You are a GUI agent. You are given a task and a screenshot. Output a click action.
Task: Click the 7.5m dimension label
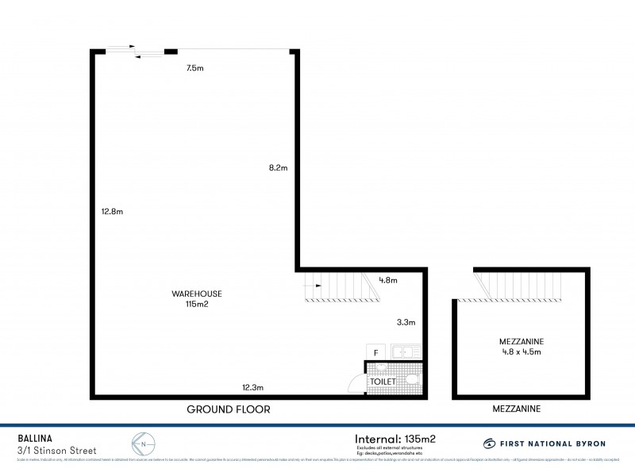coord(195,69)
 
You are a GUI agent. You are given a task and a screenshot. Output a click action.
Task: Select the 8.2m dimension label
coord(278,167)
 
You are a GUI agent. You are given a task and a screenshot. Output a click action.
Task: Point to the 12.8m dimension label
coord(112,212)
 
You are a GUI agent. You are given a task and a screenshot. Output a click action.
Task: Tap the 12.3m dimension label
coord(253,387)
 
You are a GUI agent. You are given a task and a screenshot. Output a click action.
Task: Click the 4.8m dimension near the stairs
coord(388,280)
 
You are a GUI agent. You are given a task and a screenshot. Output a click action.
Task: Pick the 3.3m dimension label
coord(406,323)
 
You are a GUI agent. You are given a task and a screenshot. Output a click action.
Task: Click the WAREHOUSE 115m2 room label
coord(197,298)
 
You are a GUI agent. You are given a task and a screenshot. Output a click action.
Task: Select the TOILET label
coord(382,382)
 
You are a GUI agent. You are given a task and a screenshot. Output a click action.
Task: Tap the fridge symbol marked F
coord(375,351)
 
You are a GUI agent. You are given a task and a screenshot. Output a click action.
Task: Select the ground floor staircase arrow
coord(313,285)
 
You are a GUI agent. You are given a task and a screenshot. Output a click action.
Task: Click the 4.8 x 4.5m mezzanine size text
coord(520,351)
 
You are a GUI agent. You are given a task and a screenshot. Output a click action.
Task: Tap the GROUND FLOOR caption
coord(229,410)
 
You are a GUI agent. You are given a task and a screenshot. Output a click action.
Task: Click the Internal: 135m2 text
coord(394,437)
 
